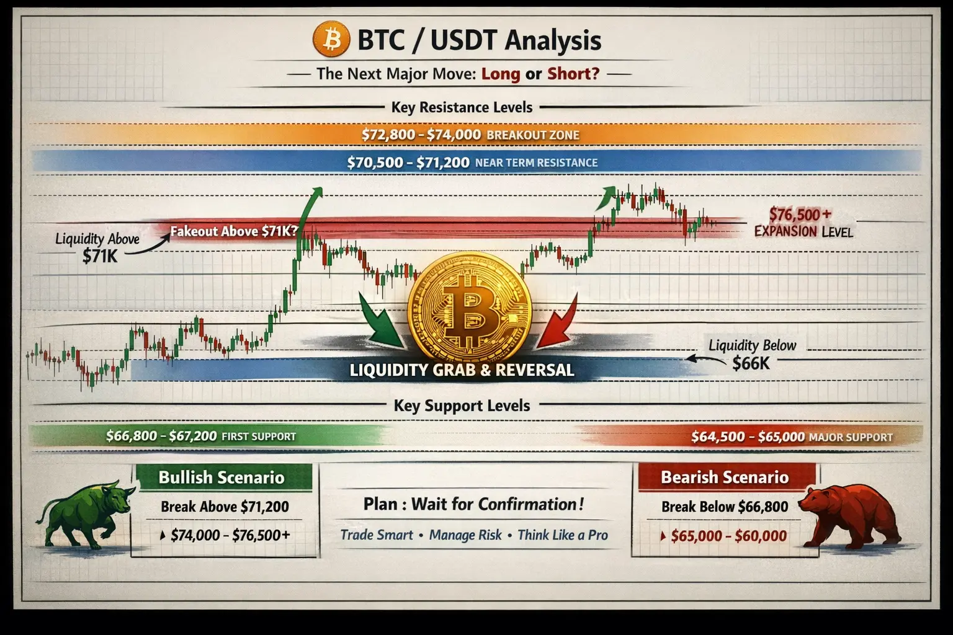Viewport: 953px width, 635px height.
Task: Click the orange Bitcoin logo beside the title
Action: [331, 39]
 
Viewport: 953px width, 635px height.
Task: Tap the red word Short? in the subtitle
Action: [573, 74]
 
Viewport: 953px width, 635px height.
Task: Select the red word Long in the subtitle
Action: [500, 74]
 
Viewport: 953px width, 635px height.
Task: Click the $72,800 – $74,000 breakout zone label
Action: [470, 135]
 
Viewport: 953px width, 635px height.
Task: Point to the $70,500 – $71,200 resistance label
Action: [472, 162]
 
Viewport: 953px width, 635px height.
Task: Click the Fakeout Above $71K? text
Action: [234, 231]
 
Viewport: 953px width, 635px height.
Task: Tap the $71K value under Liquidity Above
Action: [99, 256]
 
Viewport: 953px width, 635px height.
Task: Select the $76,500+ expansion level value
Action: [800, 215]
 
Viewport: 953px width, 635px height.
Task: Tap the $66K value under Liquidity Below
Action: [751, 363]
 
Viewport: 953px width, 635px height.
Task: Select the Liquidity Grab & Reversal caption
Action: [462, 370]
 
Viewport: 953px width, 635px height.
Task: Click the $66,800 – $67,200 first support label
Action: [201, 437]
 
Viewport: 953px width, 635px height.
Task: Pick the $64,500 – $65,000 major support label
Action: [792, 437]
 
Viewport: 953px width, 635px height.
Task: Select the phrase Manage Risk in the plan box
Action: [465, 535]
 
